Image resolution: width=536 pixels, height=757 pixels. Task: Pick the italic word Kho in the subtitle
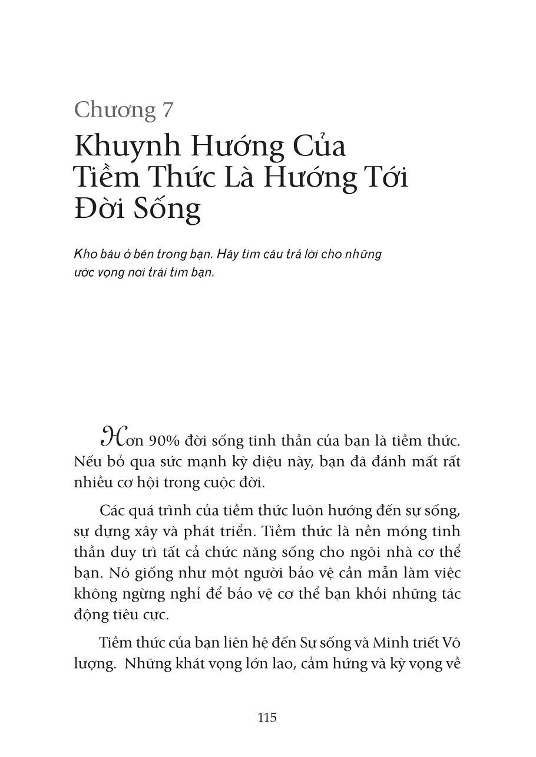[x=85, y=254]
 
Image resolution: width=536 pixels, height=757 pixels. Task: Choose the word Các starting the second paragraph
[x=113, y=510]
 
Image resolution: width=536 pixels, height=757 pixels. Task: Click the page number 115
[x=267, y=718]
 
